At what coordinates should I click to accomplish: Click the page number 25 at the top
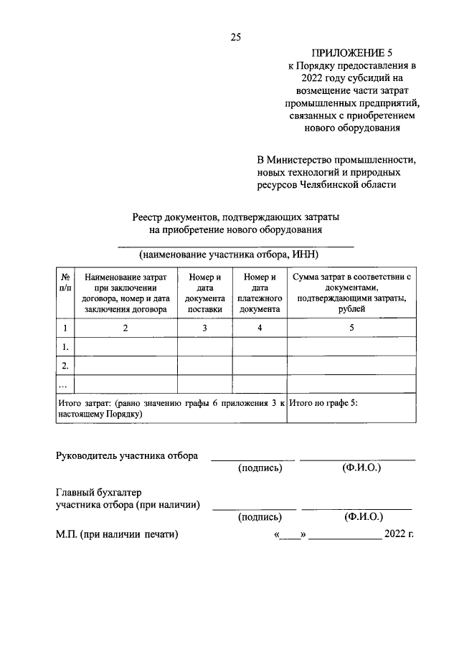[235, 38]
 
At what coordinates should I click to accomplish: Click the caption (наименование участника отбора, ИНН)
[228, 255]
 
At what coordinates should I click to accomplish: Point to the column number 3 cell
[204, 328]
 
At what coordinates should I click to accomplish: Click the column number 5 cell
[351, 328]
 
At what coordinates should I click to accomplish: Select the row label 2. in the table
[65, 366]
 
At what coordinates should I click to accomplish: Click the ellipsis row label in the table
[64, 385]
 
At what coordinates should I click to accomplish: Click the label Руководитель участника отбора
[127, 455]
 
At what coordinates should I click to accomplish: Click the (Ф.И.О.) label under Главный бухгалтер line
[364, 516]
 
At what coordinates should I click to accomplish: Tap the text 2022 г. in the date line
[399, 534]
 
